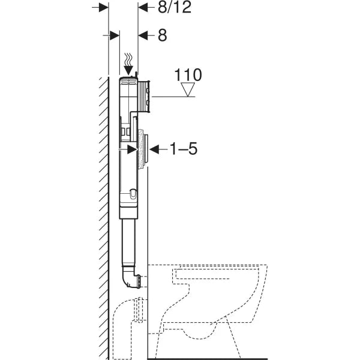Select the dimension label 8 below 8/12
(162, 35)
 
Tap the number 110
(188, 75)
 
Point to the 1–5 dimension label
(180, 149)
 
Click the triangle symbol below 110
(189, 90)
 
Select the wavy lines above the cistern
(128, 60)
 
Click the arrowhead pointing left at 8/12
(142, 7)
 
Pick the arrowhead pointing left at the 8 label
(142, 35)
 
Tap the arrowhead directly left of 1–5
(153, 148)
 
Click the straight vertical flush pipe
(128, 240)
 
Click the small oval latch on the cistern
(132, 194)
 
